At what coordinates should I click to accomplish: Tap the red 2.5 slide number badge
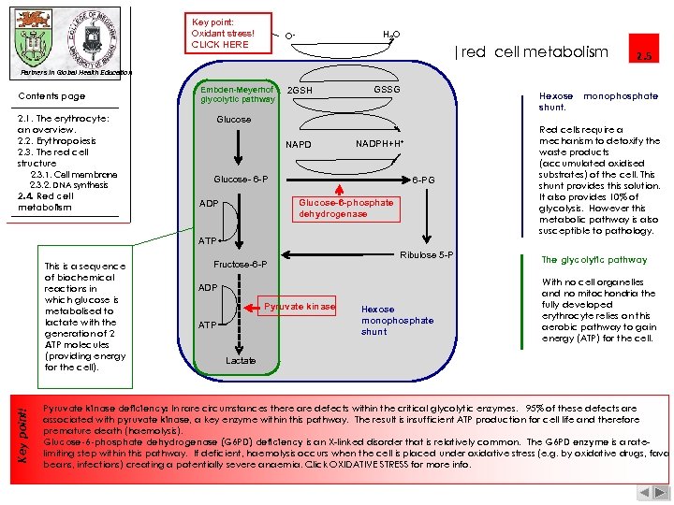pyautogui.click(x=644, y=55)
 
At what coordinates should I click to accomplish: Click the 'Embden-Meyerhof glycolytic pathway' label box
pyautogui.click(x=238, y=94)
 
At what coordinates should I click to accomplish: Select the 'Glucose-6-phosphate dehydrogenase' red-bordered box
pyautogui.click(x=346, y=209)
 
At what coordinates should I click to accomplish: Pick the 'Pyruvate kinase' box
pyautogui.click(x=300, y=307)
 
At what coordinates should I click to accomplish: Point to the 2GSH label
pyautogui.click(x=300, y=91)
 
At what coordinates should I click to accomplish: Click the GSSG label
pyautogui.click(x=387, y=89)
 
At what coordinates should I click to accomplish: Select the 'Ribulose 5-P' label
pyautogui.click(x=427, y=255)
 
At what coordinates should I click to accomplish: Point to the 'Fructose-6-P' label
pyautogui.click(x=241, y=265)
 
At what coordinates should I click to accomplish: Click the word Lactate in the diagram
pyautogui.click(x=241, y=360)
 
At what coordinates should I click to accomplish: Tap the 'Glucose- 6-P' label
pyautogui.click(x=241, y=179)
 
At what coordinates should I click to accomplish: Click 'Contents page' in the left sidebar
pyautogui.click(x=51, y=96)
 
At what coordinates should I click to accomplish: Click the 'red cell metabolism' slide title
pyautogui.click(x=535, y=52)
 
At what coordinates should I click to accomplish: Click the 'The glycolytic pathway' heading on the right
pyautogui.click(x=594, y=260)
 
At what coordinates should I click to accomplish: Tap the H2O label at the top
pyautogui.click(x=391, y=35)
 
